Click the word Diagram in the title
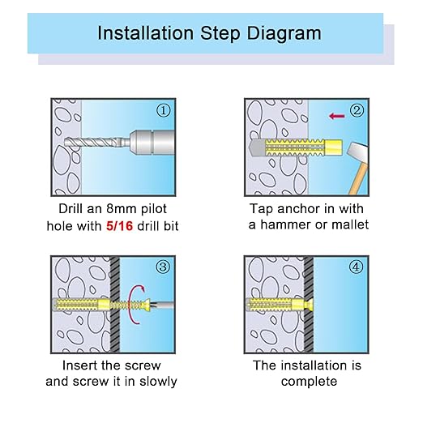click(284, 34)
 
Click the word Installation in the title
click(145, 33)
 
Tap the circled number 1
click(164, 110)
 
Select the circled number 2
click(357, 110)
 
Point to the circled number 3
click(163, 267)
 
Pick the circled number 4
click(357, 267)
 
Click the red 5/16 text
click(119, 226)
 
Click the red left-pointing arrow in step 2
click(337, 116)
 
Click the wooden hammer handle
click(358, 180)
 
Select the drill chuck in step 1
click(152, 143)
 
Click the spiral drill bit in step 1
click(93, 142)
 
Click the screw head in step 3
click(147, 305)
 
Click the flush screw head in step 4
click(310, 305)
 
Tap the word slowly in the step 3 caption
click(158, 382)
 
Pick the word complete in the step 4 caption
click(309, 382)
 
